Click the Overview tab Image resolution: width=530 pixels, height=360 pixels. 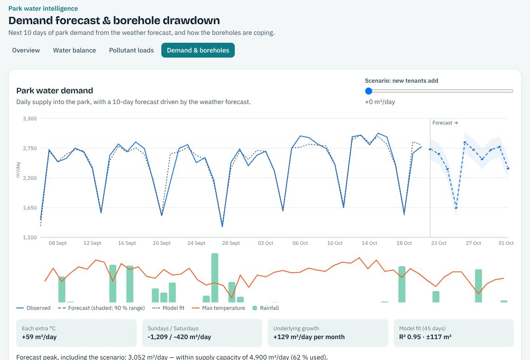pos(26,50)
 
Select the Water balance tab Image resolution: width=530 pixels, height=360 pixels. pos(74,50)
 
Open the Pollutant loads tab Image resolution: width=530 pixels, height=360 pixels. pos(131,50)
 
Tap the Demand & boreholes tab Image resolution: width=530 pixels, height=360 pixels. pos(198,50)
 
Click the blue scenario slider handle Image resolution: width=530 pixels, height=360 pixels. pos(369,91)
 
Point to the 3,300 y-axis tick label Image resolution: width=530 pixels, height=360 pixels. pos(30,118)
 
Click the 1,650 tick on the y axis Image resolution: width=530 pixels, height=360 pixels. pos(30,208)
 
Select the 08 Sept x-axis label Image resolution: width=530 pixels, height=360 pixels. pos(58,243)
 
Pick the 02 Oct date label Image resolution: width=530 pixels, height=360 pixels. pos(265,243)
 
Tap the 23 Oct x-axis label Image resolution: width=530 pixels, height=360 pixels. pos(439,243)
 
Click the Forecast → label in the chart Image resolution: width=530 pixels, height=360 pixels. pos(445,123)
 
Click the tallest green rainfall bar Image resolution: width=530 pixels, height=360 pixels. pos(215,278)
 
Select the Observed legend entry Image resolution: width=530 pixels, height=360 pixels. pos(33,308)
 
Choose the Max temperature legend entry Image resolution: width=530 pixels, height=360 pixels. pos(219,308)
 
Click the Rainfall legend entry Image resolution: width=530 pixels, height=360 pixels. pos(265,308)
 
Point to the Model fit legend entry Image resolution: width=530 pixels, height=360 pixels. pos(168,308)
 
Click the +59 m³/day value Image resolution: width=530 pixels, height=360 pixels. pos(39,337)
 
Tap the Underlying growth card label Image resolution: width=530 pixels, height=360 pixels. pos(296,328)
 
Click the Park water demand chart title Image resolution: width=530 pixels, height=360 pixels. pos(55,91)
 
